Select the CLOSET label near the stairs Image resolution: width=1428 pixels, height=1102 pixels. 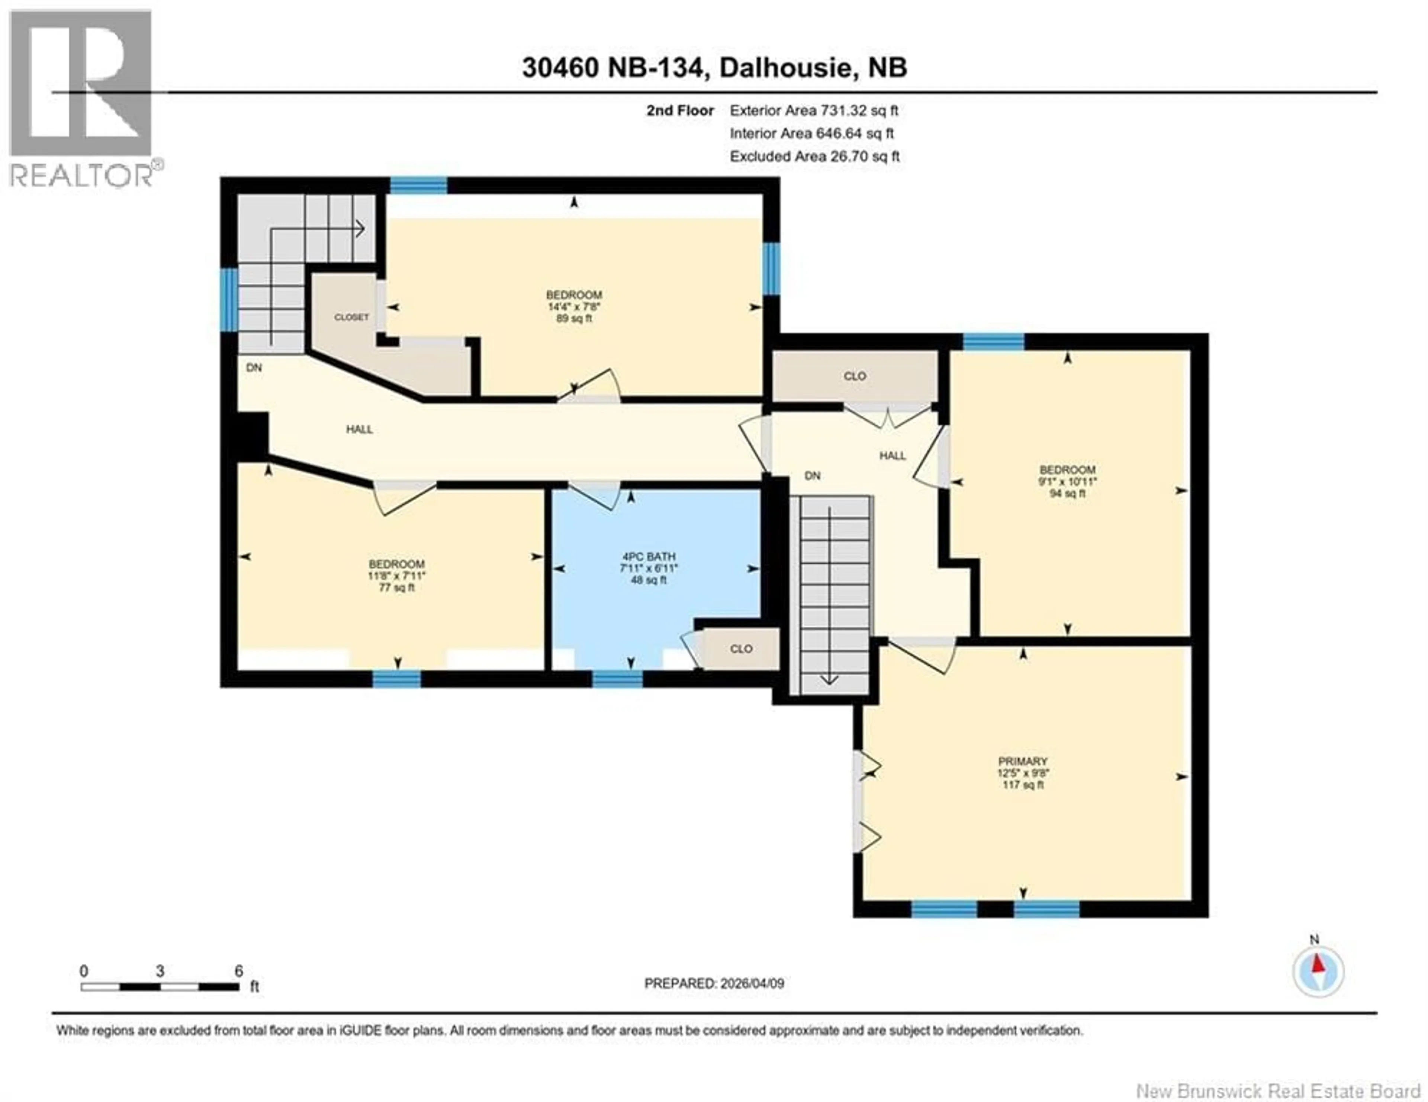pyautogui.click(x=352, y=317)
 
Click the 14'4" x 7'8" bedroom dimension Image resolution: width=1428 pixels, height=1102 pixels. pyautogui.click(x=574, y=307)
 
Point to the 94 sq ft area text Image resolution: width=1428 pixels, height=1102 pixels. pyautogui.click(x=1067, y=493)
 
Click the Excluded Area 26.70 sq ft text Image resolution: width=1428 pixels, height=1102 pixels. pyautogui.click(x=815, y=156)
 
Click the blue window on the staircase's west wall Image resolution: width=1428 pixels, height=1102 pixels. pyautogui.click(x=229, y=299)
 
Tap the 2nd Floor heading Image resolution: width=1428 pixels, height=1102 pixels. pyautogui.click(x=680, y=110)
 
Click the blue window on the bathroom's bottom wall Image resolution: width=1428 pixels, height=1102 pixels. pyautogui.click(x=617, y=680)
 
